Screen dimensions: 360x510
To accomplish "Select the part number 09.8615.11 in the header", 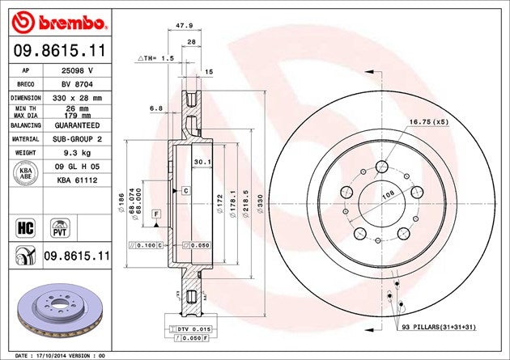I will click(x=57, y=50).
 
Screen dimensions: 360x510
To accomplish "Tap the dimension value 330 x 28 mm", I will click(x=78, y=96).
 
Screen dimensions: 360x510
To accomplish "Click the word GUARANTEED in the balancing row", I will click(x=79, y=126).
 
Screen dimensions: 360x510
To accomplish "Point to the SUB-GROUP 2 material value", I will click(x=78, y=139).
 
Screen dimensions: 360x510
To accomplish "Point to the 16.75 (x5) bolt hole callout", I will click(x=428, y=121).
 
